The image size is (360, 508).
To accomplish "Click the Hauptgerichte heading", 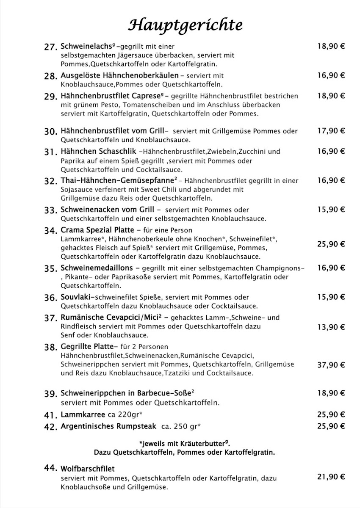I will coord(186,25).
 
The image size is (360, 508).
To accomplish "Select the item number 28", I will coord(50,77).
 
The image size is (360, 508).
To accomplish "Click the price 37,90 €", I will coord(331,364).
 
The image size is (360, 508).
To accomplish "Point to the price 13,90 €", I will coord(331,327).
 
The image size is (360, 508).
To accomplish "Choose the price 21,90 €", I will coord(331,477).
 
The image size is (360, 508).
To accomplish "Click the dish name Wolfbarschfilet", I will coord(88,469).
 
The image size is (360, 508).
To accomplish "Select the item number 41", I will coord(50,415).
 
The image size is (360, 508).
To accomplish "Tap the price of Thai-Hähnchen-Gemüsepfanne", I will coord(331,180).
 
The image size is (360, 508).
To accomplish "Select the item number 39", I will coord(50,394).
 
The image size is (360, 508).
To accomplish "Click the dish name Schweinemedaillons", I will coord(97,268).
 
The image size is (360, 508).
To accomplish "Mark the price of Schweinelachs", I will coord(331,46).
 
